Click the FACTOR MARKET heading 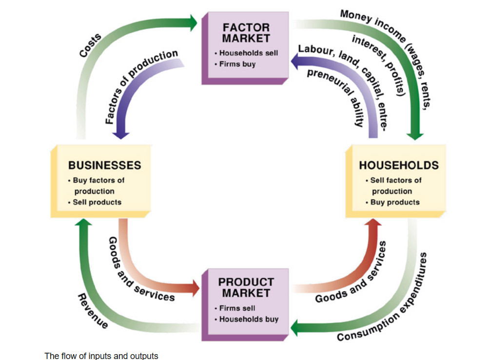pyautogui.click(x=246, y=32)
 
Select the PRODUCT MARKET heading pyautogui.click(x=246, y=287)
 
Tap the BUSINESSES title pyautogui.click(x=105, y=165)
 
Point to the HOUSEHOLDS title pyautogui.click(x=399, y=165)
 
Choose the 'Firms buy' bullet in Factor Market pyautogui.click(x=237, y=64)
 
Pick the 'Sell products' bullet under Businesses pyautogui.click(x=97, y=202)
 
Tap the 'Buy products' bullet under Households pyautogui.click(x=395, y=202)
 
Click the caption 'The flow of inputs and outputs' pyautogui.click(x=101, y=356)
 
